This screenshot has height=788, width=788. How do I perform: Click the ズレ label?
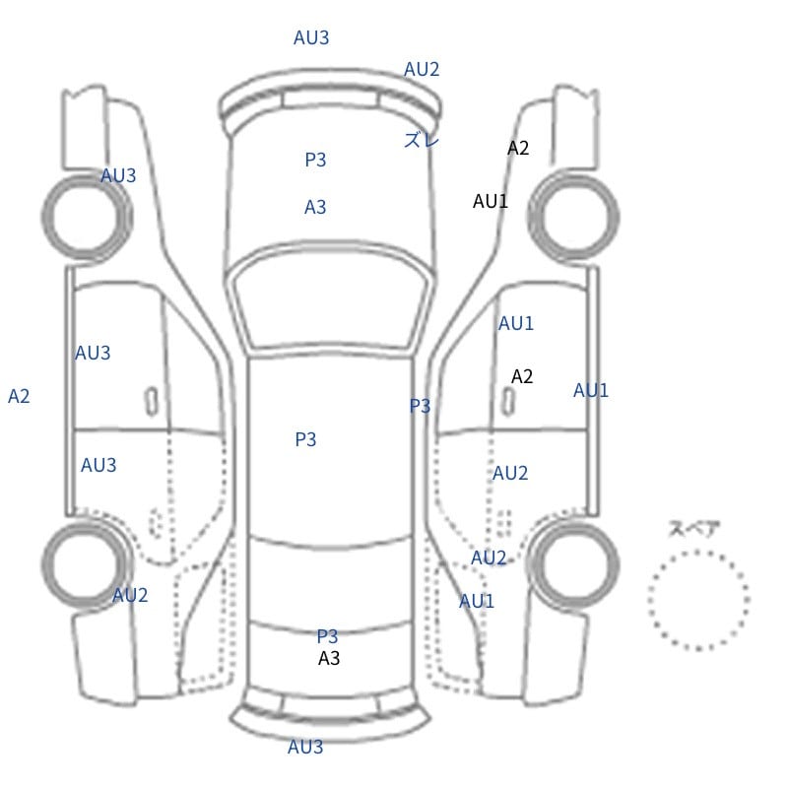pyautogui.click(x=422, y=140)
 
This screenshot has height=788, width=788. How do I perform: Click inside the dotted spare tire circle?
pyautogui.click(x=698, y=600)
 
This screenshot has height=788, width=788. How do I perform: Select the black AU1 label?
pyautogui.click(x=490, y=201)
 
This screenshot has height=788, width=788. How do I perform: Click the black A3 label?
pyautogui.click(x=329, y=658)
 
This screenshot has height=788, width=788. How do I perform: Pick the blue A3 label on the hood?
pyautogui.click(x=315, y=207)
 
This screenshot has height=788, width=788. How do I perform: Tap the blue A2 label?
pyautogui.click(x=19, y=396)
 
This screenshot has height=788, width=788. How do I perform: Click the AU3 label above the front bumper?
pyautogui.click(x=311, y=37)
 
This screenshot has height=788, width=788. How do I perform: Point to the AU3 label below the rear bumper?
pyautogui.click(x=305, y=747)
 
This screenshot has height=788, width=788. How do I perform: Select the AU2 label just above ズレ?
pyautogui.click(x=422, y=69)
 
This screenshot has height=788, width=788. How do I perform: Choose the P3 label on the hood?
pyautogui.click(x=315, y=160)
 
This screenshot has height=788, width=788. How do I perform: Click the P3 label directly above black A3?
pyautogui.click(x=327, y=636)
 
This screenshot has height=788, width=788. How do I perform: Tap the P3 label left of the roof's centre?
pyautogui.click(x=305, y=439)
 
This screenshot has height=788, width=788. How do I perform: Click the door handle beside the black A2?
pyautogui.click(x=508, y=401)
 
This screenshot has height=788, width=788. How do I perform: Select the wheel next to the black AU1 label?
pyautogui.click(x=573, y=217)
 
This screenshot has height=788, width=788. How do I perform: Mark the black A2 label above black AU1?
pyautogui.click(x=518, y=148)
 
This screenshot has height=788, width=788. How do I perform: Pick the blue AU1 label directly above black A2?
pyautogui.click(x=515, y=323)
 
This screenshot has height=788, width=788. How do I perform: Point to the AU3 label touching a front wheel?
pyautogui.click(x=118, y=175)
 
